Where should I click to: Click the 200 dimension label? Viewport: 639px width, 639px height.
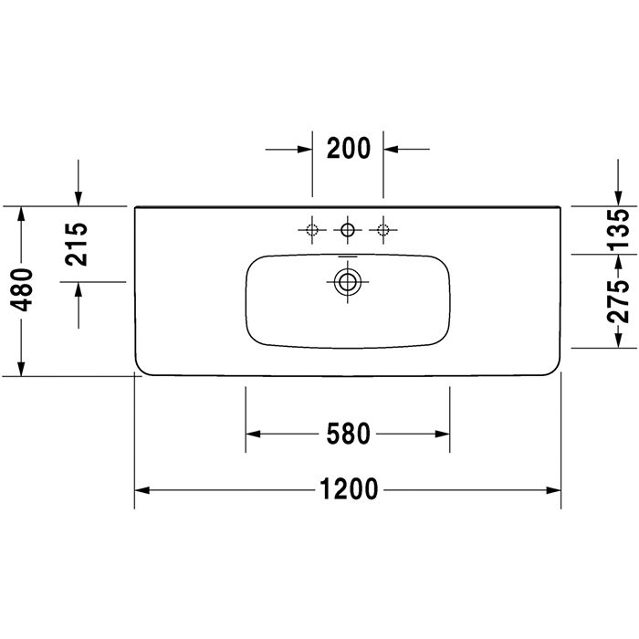pyautogui.click(x=348, y=148)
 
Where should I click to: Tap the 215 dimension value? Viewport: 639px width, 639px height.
pyautogui.click(x=78, y=244)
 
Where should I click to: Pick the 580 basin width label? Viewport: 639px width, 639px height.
pyautogui.click(x=348, y=434)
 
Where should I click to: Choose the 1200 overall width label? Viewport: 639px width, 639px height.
pyautogui.click(x=348, y=490)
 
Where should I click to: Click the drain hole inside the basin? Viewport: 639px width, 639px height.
pyautogui.click(x=347, y=281)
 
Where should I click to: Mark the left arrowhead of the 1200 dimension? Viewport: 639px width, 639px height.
pyautogui.click(x=142, y=490)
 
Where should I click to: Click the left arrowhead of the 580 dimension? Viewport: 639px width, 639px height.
pyautogui.click(x=252, y=434)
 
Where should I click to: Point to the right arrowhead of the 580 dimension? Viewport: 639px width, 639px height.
pyautogui.click(x=443, y=434)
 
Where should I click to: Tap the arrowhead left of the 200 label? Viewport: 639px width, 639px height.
pyautogui.click(x=305, y=148)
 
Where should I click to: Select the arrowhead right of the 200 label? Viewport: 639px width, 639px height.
pyautogui.click(x=391, y=148)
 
